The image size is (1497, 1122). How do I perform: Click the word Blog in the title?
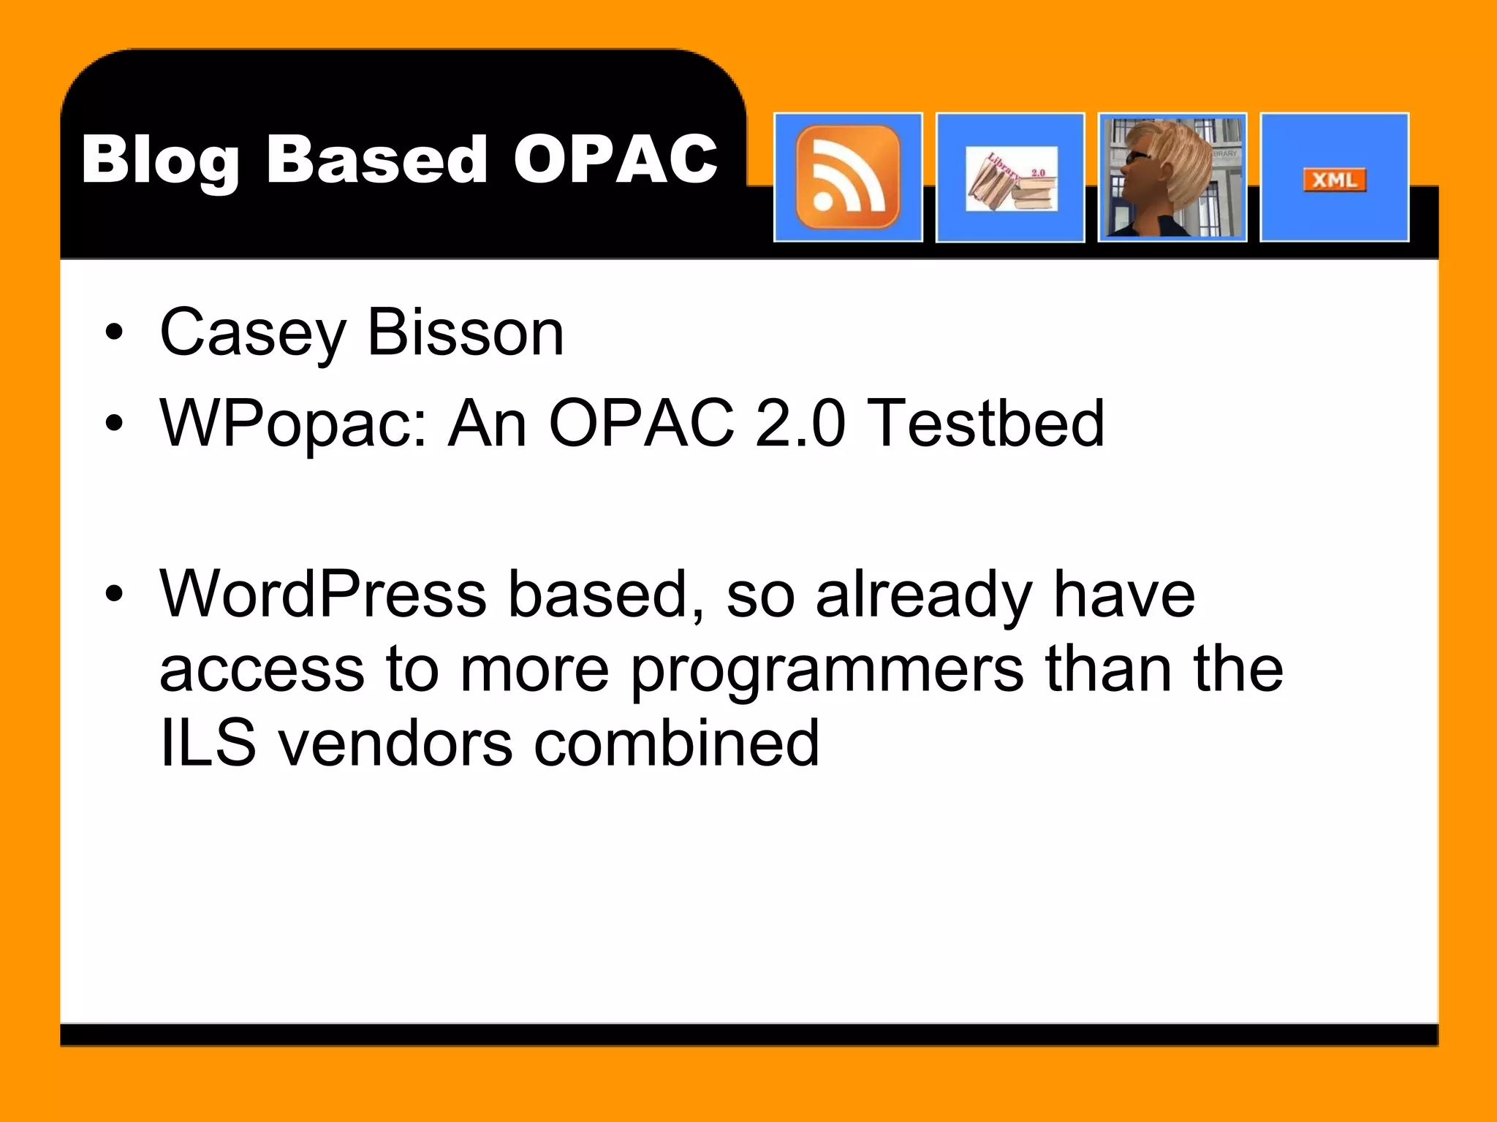(x=159, y=161)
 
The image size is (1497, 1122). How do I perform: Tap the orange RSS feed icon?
(x=848, y=178)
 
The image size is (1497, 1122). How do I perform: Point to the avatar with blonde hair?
(x=1172, y=178)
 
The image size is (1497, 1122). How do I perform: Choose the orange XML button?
(x=1334, y=180)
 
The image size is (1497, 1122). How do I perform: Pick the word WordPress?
(x=323, y=594)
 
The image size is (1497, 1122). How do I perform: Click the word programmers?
(x=827, y=671)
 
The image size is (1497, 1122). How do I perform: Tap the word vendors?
(x=395, y=743)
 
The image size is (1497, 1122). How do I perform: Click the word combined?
(x=677, y=743)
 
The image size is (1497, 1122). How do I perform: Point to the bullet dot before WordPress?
(x=114, y=593)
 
